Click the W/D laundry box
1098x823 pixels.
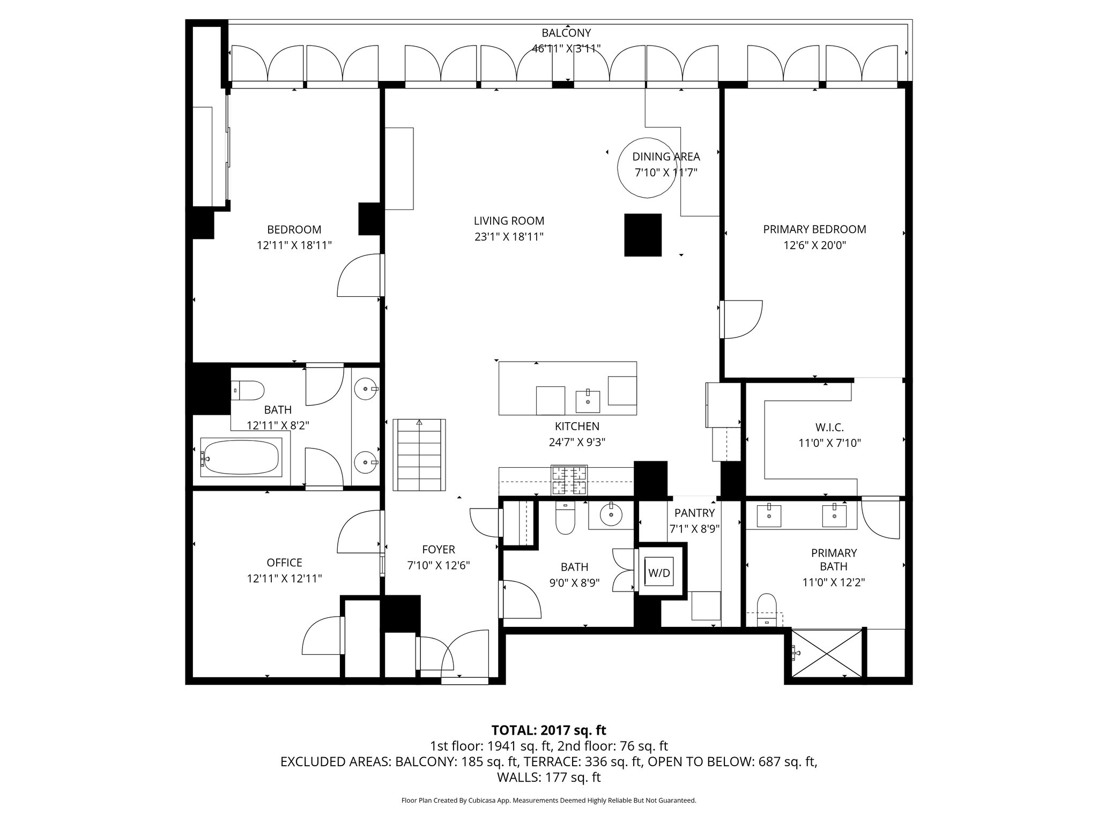point(659,572)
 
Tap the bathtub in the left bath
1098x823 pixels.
point(241,457)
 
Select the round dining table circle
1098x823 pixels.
point(647,169)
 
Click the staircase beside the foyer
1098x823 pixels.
point(419,454)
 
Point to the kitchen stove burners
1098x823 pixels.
point(569,480)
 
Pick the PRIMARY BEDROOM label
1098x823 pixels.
point(814,229)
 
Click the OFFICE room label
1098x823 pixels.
point(284,563)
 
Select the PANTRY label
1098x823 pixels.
point(694,513)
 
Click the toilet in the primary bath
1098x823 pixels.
point(767,610)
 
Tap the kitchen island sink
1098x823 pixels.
point(588,401)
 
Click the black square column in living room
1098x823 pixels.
point(643,235)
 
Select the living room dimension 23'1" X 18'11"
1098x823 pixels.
point(509,237)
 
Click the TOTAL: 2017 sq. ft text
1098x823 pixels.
point(549,730)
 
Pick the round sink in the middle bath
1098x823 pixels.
point(611,515)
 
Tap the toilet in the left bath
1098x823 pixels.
point(247,390)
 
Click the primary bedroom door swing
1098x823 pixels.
point(741,319)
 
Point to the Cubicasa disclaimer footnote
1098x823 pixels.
point(549,800)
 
